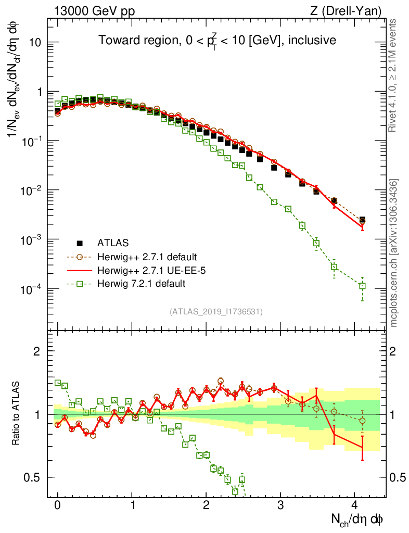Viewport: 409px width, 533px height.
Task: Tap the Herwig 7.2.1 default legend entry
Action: [141, 284]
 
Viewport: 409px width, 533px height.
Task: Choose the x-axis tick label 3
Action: [280, 505]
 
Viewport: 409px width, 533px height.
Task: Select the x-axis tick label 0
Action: [58, 505]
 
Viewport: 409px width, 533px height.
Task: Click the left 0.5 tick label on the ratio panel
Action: [34, 477]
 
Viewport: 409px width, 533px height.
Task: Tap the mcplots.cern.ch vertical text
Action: [394, 252]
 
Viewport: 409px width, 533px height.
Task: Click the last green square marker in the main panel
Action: [362, 286]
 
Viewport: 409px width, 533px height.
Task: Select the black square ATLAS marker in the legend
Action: [80, 243]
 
